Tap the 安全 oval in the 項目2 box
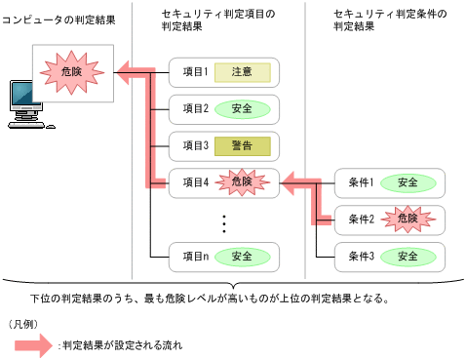(x=242, y=108)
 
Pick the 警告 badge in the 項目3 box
(x=242, y=145)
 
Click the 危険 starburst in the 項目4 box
(x=242, y=181)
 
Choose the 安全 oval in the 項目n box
(x=242, y=257)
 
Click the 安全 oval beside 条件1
(x=408, y=182)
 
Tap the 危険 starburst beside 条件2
(x=408, y=220)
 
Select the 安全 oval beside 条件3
(x=408, y=257)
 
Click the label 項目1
(x=196, y=71)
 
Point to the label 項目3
(x=196, y=145)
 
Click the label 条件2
(x=362, y=220)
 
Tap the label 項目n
(x=196, y=257)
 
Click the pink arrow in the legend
(x=29, y=345)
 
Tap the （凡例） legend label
(x=21, y=322)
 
